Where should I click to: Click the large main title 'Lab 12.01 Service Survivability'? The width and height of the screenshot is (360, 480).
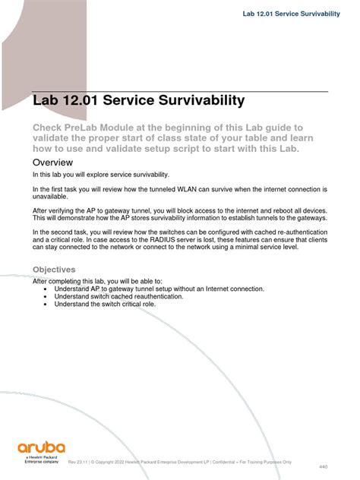[138, 100]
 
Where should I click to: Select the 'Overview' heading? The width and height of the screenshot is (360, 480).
[57, 163]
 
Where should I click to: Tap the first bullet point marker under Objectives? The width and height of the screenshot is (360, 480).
[47, 289]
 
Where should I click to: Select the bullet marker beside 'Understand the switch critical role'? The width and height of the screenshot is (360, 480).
[47, 303]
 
